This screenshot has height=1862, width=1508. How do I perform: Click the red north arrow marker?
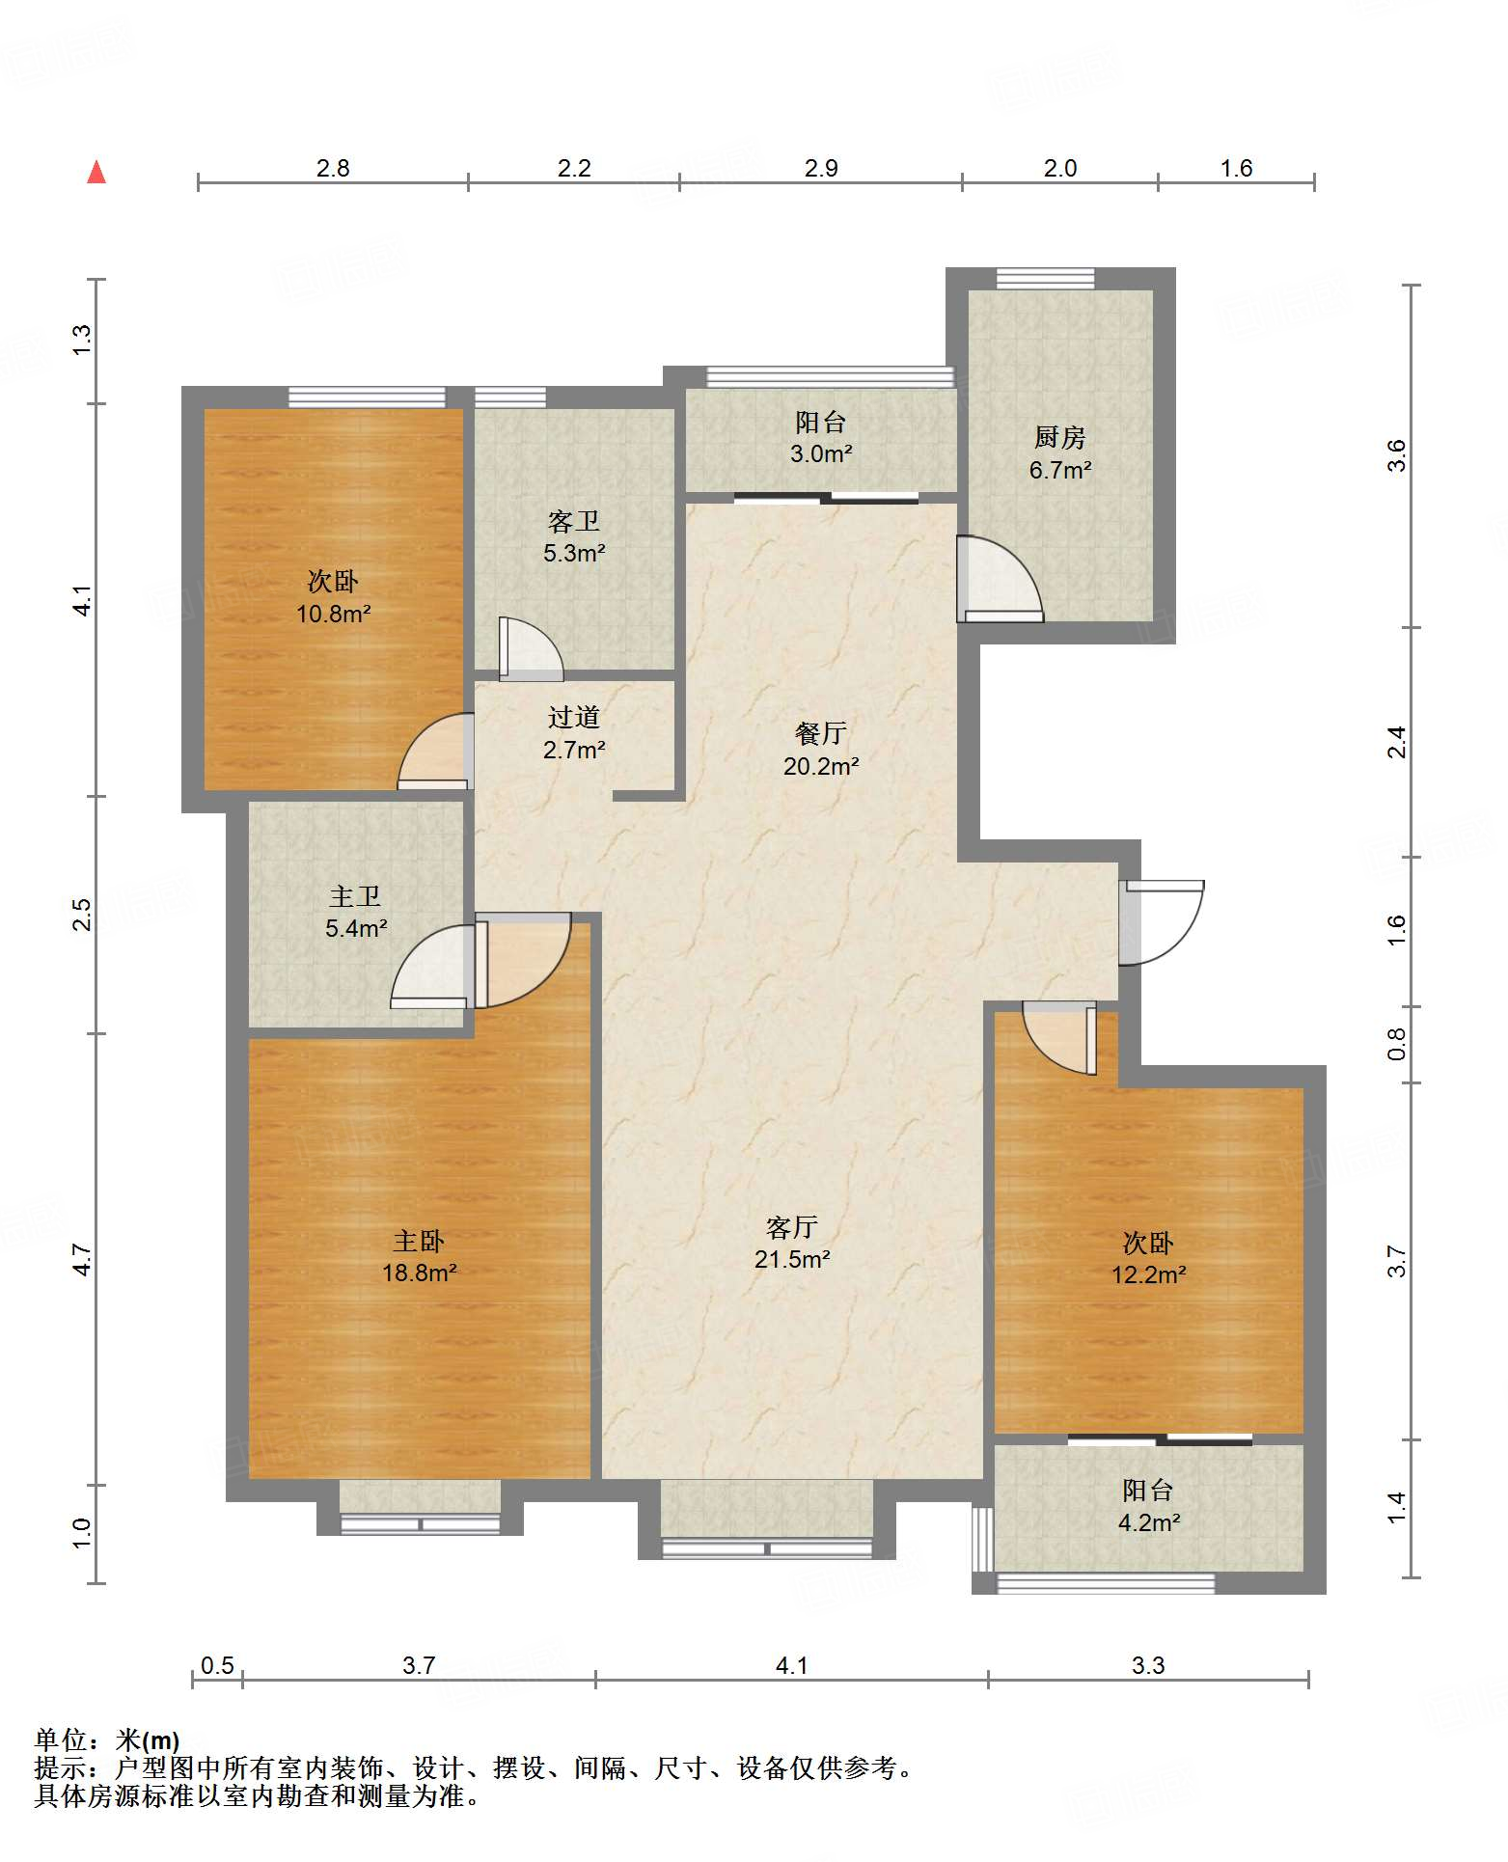click(96, 172)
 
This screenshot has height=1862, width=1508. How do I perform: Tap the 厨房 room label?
click(1059, 438)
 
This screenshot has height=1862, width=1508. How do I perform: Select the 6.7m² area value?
click(1060, 470)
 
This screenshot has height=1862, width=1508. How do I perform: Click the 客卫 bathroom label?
click(573, 522)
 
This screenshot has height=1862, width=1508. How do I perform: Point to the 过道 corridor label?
click(573, 717)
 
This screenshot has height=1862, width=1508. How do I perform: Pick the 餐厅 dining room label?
click(820, 733)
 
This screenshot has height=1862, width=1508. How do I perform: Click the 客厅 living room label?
click(791, 1227)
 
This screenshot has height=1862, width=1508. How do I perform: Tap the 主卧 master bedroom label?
click(419, 1241)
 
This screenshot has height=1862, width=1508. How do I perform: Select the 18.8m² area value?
click(419, 1273)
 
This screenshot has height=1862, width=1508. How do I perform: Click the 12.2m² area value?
click(1148, 1274)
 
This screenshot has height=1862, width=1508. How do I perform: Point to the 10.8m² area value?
click(333, 613)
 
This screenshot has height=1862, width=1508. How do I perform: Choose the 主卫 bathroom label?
click(355, 896)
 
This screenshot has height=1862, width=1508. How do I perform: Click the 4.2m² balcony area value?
click(1148, 1522)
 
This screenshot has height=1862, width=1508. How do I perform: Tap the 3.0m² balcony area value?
click(820, 453)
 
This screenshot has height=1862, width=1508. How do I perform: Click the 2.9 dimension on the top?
click(820, 168)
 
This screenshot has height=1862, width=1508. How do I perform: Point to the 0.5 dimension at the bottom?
click(217, 1665)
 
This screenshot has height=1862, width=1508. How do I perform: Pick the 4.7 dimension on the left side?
click(83, 1260)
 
